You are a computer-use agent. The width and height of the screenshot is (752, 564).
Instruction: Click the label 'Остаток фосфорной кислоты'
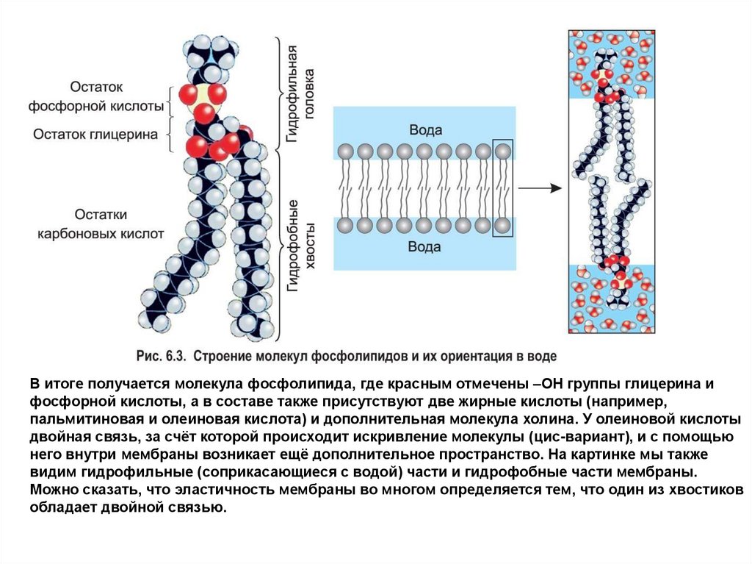tap(95, 96)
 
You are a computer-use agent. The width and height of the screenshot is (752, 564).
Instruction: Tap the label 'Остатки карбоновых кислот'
tap(101, 224)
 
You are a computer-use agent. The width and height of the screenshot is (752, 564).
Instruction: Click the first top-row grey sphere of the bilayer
tap(345, 152)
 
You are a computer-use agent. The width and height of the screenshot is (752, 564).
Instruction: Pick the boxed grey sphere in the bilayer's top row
tap(503, 152)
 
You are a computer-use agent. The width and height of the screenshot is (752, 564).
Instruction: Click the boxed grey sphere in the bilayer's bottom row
tap(503, 224)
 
